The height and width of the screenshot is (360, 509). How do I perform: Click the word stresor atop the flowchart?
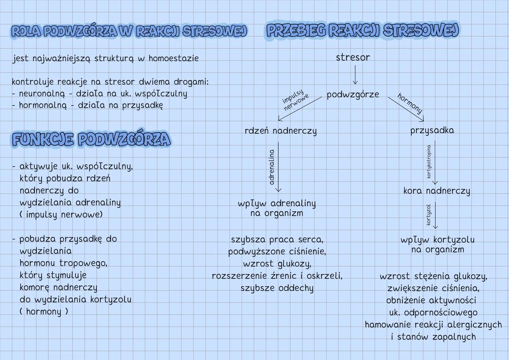click(x=353, y=58)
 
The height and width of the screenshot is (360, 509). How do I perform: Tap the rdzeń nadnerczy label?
click(x=280, y=131)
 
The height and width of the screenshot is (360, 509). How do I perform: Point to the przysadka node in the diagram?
click(x=432, y=130)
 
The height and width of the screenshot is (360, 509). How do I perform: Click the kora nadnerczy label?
click(x=436, y=191)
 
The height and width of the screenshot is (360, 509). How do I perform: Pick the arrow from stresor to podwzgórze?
click(x=355, y=74)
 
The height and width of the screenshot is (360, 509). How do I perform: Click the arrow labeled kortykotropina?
click(x=435, y=162)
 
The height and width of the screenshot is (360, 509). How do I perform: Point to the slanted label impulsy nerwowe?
click(x=295, y=99)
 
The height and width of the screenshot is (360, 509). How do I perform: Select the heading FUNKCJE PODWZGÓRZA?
click(x=91, y=139)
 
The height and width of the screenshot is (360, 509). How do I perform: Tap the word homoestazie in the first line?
click(x=174, y=58)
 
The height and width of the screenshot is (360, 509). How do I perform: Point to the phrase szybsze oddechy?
click(x=277, y=288)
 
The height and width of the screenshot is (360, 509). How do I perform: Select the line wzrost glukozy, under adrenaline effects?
click(x=277, y=264)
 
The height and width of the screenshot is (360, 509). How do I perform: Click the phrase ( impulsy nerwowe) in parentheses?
click(x=61, y=215)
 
